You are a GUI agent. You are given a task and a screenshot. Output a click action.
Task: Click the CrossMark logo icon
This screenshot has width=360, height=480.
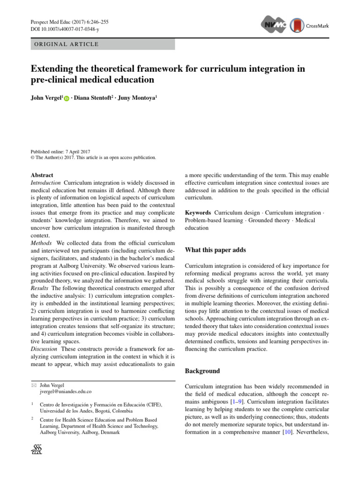(296, 25)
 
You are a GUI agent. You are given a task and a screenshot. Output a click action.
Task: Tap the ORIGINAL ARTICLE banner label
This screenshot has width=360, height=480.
(65, 45)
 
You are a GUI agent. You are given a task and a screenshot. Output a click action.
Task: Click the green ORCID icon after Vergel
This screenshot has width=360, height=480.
(66, 98)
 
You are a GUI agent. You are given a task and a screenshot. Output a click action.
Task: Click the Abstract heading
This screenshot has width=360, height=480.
(42, 175)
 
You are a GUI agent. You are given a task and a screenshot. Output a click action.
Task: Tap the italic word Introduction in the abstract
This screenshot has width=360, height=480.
(45, 182)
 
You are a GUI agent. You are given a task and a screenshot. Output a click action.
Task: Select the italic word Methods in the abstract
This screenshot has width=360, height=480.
(41, 242)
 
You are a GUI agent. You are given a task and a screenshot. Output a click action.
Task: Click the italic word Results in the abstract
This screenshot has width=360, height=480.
(40, 287)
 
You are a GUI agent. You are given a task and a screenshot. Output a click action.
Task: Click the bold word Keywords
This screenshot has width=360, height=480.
(198, 213)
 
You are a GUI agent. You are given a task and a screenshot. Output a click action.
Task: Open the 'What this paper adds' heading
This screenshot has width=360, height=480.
(215, 250)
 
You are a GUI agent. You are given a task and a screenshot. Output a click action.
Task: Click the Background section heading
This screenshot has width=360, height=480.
(202, 371)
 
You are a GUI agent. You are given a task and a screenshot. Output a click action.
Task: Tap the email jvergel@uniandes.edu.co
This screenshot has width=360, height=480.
(66, 391)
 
